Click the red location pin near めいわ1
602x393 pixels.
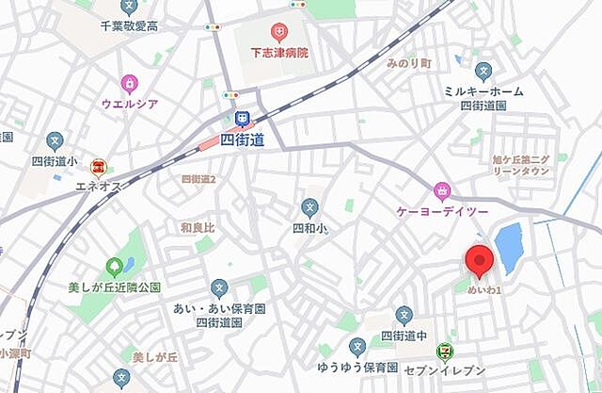point(481,261)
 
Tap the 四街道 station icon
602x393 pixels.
point(242,119)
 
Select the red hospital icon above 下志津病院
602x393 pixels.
point(278,33)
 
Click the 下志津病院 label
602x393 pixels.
point(278,52)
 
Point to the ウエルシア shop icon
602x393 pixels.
point(128,83)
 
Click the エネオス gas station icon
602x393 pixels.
point(98,168)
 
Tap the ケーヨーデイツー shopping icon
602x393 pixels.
point(440,192)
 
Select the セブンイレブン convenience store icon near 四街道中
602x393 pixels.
point(444,351)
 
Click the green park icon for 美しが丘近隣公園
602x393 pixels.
point(115,268)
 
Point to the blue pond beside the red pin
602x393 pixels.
point(509,247)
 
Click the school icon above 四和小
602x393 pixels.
point(309,207)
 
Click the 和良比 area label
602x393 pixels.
point(198,227)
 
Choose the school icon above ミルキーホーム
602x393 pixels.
point(483,71)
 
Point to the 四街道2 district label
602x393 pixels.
point(198,178)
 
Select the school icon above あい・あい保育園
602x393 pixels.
point(219,287)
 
